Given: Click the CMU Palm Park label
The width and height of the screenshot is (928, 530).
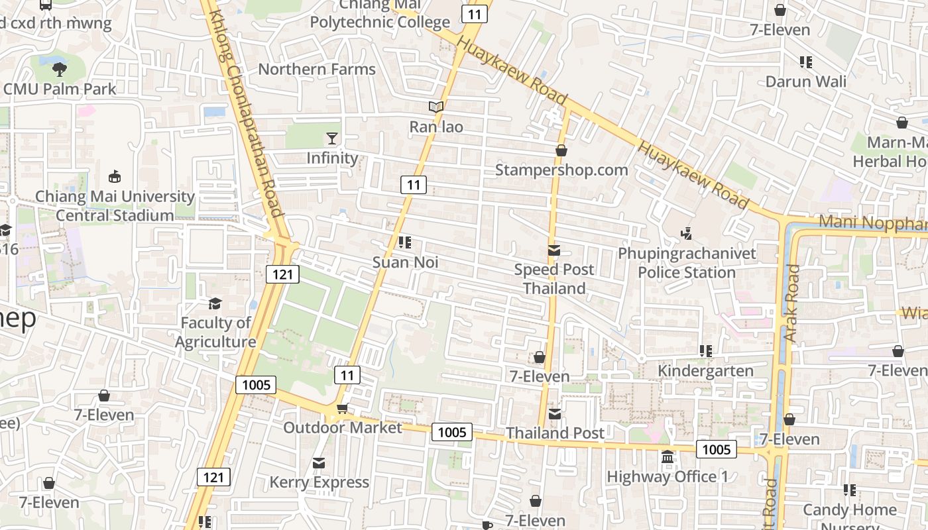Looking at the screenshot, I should coord(60,89).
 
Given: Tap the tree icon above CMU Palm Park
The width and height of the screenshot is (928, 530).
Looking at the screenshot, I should coord(60,68).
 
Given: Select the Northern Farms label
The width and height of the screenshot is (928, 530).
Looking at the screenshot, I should coord(317,69).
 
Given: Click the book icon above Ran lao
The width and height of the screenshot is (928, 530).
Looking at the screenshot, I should coord(435,107).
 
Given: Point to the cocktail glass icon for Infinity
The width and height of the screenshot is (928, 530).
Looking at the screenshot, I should coord(332,138).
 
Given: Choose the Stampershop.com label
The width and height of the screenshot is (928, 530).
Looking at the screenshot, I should coord(561,170).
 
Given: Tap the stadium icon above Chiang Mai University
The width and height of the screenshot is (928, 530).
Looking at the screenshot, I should coord(115,176).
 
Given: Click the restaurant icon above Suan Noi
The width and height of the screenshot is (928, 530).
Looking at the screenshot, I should coord(405,242).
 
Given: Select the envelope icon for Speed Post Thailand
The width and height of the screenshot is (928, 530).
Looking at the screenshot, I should coord(554,250).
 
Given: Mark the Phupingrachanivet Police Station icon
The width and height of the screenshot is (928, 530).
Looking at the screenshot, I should coord(687,233).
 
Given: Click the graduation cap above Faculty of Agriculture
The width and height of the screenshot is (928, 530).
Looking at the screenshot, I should coord(215,303).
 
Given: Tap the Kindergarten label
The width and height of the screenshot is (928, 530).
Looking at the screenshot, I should coord(705,371).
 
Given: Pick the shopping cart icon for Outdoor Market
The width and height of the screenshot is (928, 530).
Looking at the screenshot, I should coord(342,408).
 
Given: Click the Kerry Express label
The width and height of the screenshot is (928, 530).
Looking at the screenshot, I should coord(319,482).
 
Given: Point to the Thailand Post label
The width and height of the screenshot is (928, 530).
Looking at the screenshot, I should coord(555,433).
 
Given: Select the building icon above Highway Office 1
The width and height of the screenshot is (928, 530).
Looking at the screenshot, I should coord(667,457).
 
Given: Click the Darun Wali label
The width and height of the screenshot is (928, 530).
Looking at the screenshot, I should coord(806,82).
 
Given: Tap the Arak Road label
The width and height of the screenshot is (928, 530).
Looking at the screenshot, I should coord(792,303).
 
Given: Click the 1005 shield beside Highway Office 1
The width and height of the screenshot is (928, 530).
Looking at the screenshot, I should coord(716,450).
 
